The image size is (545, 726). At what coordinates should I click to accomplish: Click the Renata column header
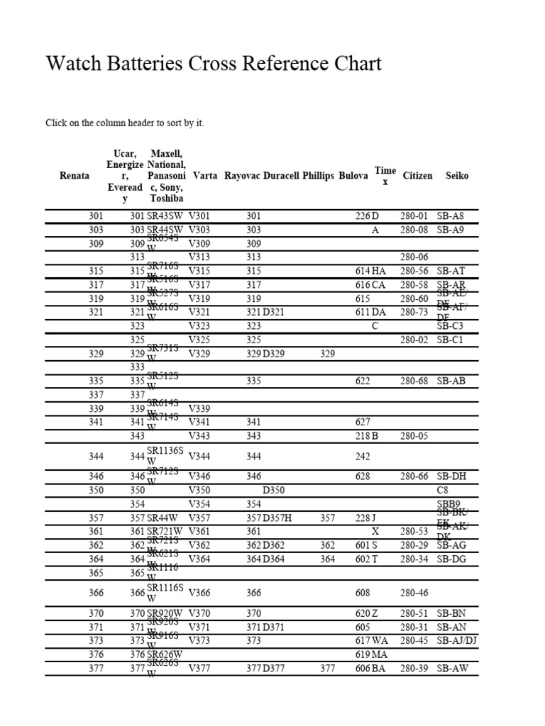(x=75, y=176)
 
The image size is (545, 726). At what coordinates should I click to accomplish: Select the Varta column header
(x=205, y=176)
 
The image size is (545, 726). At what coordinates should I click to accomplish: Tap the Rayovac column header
(x=243, y=176)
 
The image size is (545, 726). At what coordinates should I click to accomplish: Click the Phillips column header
(x=318, y=176)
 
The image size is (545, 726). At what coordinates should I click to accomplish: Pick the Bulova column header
(x=353, y=176)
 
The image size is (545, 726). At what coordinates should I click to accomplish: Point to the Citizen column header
(x=417, y=176)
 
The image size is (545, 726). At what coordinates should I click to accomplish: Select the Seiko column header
(x=457, y=176)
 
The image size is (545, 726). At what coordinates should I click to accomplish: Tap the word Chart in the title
(x=358, y=64)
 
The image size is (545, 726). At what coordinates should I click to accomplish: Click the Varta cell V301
(x=199, y=216)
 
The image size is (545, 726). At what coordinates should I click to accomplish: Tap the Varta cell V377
(x=199, y=669)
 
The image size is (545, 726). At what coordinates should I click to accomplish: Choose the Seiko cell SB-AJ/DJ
(x=457, y=641)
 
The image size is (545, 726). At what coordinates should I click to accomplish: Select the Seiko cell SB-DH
(x=451, y=477)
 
